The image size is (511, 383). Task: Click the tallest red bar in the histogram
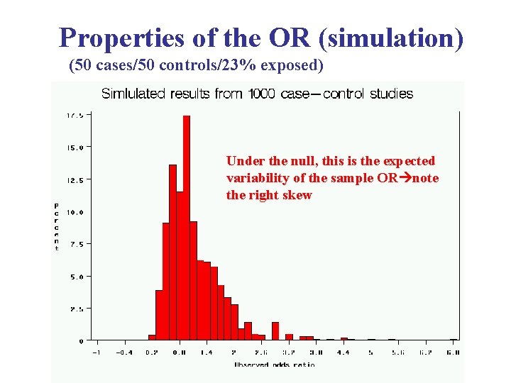coord(187,227)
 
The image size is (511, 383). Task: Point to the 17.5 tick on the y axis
coord(75,115)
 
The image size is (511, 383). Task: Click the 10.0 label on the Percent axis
coord(74,212)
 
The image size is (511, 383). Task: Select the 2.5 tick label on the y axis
coord(76,309)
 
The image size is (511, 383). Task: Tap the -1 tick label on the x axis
coord(97,351)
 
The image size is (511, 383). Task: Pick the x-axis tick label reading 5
coord(370,351)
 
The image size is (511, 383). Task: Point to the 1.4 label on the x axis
coord(206,351)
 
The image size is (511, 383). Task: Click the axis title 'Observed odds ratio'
coord(274,365)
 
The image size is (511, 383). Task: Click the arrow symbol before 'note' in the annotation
coord(405,178)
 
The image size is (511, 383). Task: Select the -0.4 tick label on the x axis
coord(124,351)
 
